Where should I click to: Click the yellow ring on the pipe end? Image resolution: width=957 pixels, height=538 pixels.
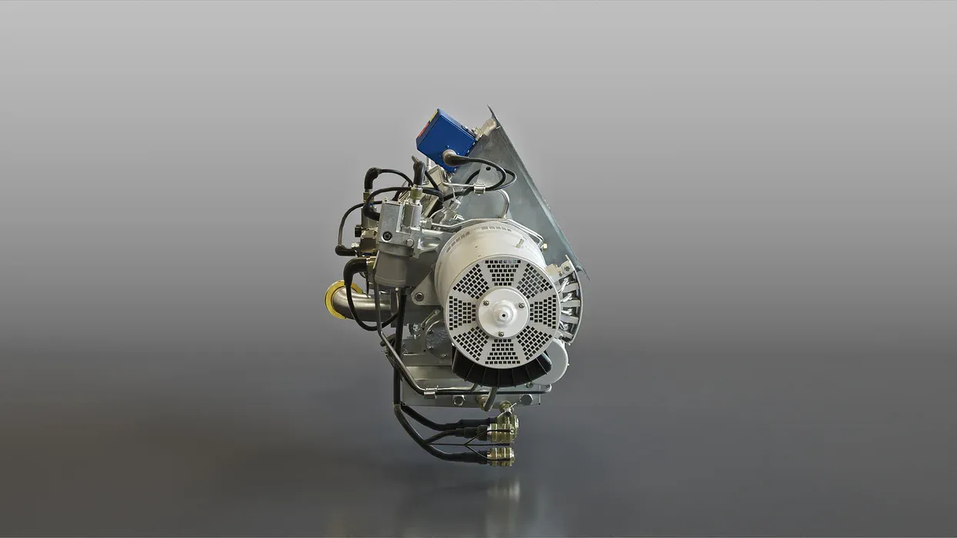pyautogui.click(x=333, y=300)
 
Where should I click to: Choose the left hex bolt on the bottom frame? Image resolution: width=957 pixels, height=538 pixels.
pyautogui.click(x=459, y=400)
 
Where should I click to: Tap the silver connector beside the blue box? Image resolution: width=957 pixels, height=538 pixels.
pyautogui.click(x=486, y=128)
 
